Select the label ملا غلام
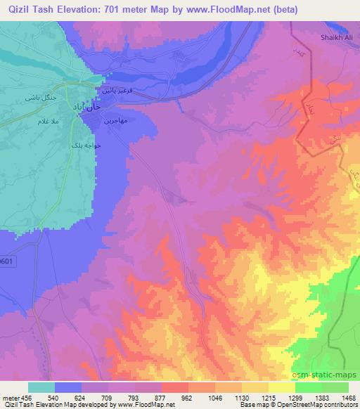[x=36, y=122]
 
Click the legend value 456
[x=27, y=397]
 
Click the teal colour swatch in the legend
[x=41, y=387]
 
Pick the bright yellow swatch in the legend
[x=281, y=387]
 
